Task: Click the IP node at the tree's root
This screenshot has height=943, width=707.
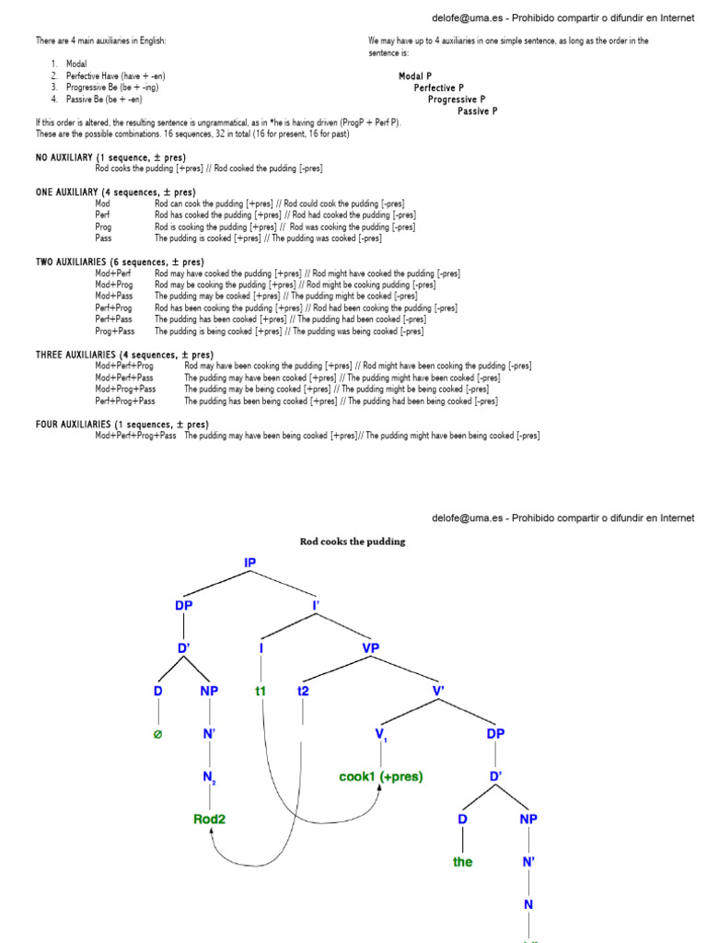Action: pyautogui.click(x=250, y=562)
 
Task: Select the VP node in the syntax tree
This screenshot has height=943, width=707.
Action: pyautogui.click(x=370, y=647)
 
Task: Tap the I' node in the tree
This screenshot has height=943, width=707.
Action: pyautogui.click(x=317, y=605)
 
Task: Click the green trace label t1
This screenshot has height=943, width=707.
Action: pyautogui.click(x=261, y=690)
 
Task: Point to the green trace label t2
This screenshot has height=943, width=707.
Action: pyautogui.click(x=303, y=690)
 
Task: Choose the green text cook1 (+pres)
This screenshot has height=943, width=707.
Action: pyautogui.click(x=381, y=776)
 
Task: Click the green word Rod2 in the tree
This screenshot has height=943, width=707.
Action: pyautogui.click(x=210, y=818)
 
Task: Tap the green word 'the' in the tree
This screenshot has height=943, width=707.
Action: pyautogui.click(x=462, y=862)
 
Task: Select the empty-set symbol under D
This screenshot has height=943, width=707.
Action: pyautogui.click(x=157, y=734)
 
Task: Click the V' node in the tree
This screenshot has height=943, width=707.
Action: pyautogui.click(x=438, y=690)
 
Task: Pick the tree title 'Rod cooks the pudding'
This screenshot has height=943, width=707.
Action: pyautogui.click(x=353, y=541)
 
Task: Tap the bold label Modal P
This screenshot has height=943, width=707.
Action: pyautogui.click(x=415, y=76)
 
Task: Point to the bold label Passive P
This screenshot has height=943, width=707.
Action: pyautogui.click(x=478, y=111)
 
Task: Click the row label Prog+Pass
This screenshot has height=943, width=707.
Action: pyautogui.click(x=115, y=331)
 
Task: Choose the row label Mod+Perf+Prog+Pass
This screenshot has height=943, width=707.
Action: pyautogui.click(x=135, y=436)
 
